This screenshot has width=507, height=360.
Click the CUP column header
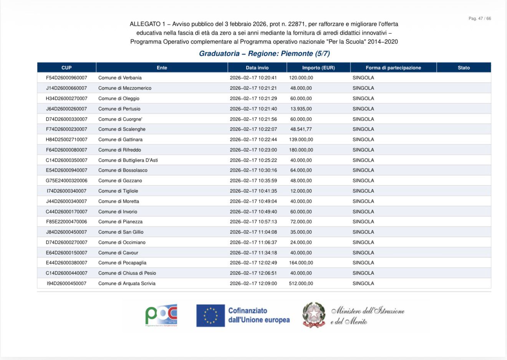(66, 68)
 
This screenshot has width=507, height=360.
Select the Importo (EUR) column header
(318, 68)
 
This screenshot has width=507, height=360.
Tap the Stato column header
(464, 68)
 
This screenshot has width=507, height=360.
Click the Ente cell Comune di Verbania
(120, 78)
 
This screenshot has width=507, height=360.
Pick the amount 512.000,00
(301, 284)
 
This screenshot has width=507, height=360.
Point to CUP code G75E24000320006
(66, 181)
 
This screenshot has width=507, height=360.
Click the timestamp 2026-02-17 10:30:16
(253, 170)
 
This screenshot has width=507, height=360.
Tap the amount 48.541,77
(301, 129)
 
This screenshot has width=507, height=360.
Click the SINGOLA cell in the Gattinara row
(363, 140)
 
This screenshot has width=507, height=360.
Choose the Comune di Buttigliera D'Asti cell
(128, 160)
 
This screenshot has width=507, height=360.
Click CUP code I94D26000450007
(66, 284)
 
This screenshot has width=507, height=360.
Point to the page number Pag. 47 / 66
(479, 18)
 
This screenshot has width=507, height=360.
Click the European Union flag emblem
(210, 315)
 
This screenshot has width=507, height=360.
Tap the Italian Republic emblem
(314, 315)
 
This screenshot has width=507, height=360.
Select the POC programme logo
(161, 315)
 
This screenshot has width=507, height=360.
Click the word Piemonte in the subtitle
(297, 54)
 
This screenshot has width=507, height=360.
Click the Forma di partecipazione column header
(393, 68)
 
